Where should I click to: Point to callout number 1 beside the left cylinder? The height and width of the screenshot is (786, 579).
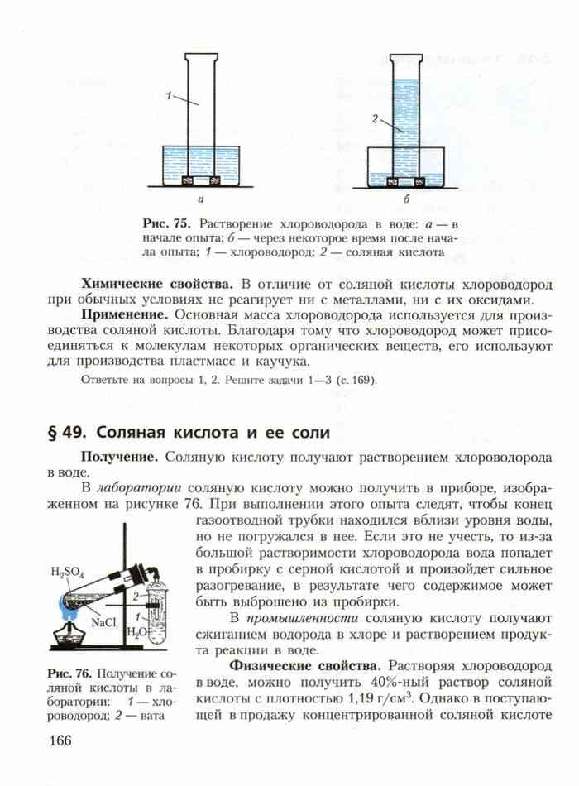click(168, 96)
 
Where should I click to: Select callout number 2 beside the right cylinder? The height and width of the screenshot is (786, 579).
click(375, 120)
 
